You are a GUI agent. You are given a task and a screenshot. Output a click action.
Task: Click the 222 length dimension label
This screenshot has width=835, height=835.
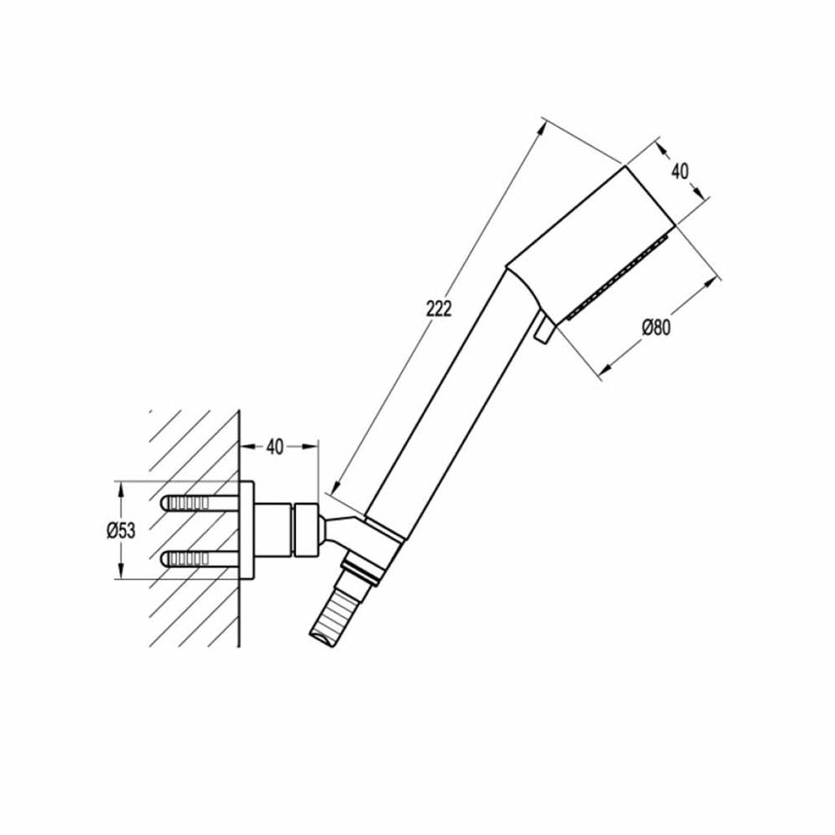point(439,308)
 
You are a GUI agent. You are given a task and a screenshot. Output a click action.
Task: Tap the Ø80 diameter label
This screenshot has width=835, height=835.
point(656,328)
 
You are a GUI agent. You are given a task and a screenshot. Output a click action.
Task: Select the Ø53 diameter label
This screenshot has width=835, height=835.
point(121,530)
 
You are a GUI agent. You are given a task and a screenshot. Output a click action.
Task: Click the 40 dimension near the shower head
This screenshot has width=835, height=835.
point(679,171)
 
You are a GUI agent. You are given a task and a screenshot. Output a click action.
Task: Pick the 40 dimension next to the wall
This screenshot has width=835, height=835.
point(275,448)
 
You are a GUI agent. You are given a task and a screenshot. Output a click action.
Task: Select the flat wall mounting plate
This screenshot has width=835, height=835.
point(246,530)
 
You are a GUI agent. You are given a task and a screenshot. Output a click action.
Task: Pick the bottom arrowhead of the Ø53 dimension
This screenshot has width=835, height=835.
point(121,572)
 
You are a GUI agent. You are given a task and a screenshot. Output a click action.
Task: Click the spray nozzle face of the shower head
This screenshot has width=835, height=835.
point(619,277)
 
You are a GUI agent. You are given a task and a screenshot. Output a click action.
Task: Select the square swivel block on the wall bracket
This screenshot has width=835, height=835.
point(307,530)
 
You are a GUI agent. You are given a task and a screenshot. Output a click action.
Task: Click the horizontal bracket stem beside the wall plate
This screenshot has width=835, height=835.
point(273,530)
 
